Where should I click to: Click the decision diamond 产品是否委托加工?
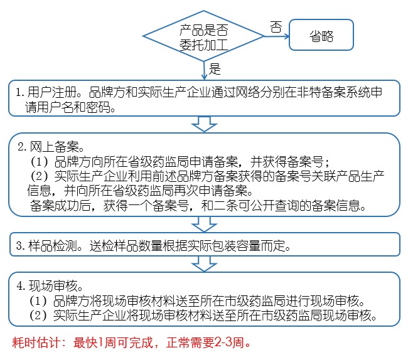205,35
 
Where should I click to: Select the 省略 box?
321,36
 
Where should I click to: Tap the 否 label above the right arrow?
276,26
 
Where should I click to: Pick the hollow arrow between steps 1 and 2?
203,124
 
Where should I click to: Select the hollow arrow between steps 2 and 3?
203,224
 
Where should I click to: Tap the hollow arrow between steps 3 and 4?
203,263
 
